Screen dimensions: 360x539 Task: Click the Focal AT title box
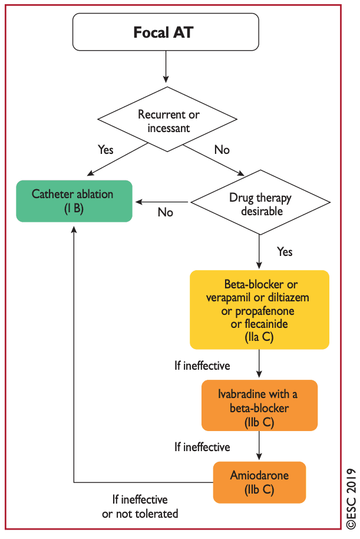tap(166, 32)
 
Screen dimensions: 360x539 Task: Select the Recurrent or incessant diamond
tap(167, 119)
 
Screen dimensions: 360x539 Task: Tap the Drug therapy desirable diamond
tap(260, 202)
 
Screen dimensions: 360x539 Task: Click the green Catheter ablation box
tap(74, 201)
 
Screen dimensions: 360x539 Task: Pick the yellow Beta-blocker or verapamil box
tap(260, 310)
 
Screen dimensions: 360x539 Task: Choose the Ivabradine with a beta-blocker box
tap(260, 405)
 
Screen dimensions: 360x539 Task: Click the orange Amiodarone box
tap(260, 482)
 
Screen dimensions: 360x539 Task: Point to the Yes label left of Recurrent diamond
tap(105, 150)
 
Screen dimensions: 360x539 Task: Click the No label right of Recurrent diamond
tap(222, 150)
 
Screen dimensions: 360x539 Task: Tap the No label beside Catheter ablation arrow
tap(165, 212)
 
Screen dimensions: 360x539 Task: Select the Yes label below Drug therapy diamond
tap(285, 252)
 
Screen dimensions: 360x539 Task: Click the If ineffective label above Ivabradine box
tap(202, 366)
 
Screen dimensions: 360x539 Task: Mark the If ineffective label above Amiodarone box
tap(202, 447)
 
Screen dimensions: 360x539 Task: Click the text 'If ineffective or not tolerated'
tap(140, 507)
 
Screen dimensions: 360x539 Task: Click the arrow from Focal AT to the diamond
tap(166, 67)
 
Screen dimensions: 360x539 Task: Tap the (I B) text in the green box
tap(74, 209)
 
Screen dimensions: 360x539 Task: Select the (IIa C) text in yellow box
tap(259, 337)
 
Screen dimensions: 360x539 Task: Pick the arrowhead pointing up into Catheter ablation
tap(74, 229)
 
